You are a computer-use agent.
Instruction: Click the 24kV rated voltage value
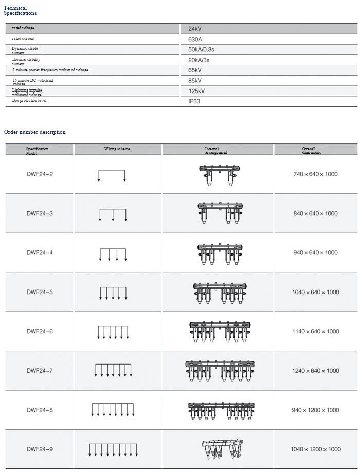pyautogui.click(x=195, y=29)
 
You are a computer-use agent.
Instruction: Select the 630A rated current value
pyautogui.click(x=195, y=39)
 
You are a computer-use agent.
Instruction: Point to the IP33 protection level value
pyautogui.click(x=194, y=101)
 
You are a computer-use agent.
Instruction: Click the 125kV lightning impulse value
pyautogui.click(x=196, y=91)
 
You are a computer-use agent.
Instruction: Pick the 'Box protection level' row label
pyautogui.click(x=29, y=100)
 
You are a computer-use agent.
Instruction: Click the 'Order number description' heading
pyautogui.click(x=35, y=132)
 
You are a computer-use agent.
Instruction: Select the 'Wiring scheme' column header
pyautogui.click(x=117, y=149)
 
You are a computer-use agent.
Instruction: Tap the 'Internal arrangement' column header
pyautogui.click(x=216, y=150)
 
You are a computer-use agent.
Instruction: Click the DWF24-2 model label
pyautogui.click(x=40, y=174)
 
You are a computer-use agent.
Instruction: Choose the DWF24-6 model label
pyautogui.click(x=40, y=332)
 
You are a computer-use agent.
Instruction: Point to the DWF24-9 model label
pyautogui.click(x=40, y=449)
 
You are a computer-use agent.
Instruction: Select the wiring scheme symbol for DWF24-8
pyautogui.click(x=113, y=409)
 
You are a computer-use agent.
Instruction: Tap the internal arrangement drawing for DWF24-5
pyautogui.click(x=218, y=293)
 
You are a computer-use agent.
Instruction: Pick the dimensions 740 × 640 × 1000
pyautogui.click(x=315, y=174)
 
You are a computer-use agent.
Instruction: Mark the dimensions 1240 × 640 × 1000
pyautogui.click(x=315, y=371)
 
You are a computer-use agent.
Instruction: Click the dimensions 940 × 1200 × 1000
pyautogui.click(x=315, y=410)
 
